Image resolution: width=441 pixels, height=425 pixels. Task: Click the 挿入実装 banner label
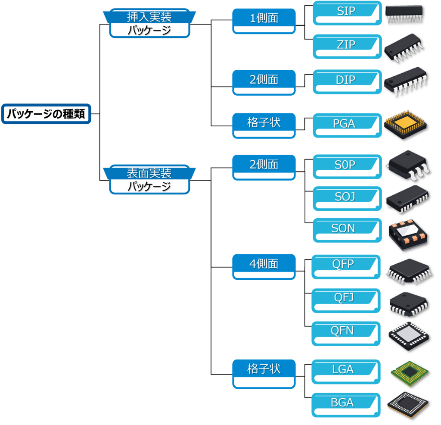pos(149,18)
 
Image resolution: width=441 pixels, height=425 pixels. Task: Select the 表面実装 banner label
pos(149,173)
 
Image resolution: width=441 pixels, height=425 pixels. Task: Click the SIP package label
pos(346,11)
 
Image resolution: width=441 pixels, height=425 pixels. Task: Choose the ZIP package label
pos(346,45)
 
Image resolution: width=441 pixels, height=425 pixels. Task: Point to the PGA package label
pos(344,124)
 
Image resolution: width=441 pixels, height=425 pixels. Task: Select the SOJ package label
pos(345,197)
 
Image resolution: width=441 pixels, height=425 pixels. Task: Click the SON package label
pos(343,228)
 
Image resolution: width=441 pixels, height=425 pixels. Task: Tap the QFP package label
pos(343,264)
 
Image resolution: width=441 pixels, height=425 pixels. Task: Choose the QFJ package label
pos(343,298)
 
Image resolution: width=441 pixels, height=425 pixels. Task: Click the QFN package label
pos(342,331)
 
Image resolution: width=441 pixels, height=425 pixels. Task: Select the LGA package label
pos(343,369)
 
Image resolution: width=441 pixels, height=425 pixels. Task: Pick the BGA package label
pos(342,403)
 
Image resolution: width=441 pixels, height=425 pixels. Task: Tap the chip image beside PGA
pos(407,125)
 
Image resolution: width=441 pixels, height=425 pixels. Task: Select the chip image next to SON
pos(408,235)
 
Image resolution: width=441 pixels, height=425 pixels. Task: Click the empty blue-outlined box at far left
pos(47,114)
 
